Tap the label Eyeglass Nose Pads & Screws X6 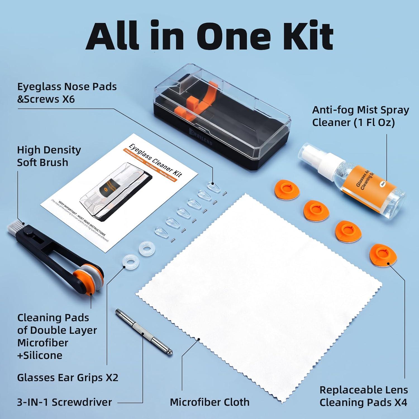click(x=67, y=93)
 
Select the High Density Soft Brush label click(x=49, y=156)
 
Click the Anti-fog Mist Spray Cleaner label click(x=360, y=116)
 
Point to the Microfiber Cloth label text click(x=209, y=402)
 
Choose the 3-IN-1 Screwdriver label click(x=64, y=402)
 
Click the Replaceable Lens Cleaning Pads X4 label click(x=363, y=396)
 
